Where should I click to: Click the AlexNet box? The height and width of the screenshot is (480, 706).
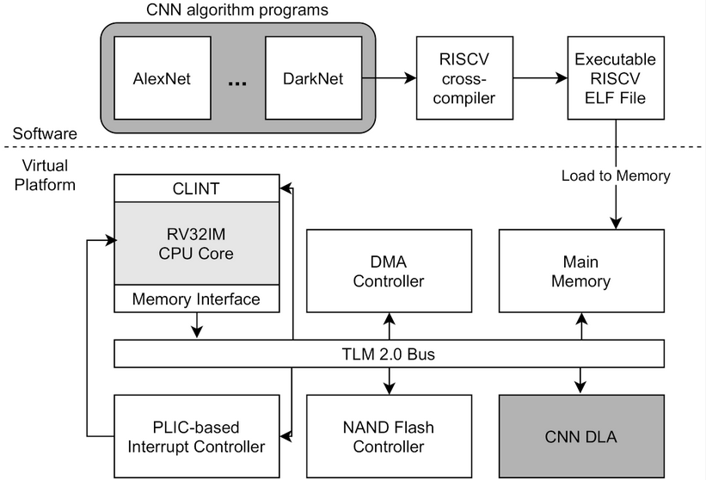click(163, 78)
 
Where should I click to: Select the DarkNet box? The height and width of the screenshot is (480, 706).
click(313, 78)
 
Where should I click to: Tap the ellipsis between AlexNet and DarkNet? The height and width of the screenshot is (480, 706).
click(237, 83)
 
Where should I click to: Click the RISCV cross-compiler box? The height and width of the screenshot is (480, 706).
click(464, 78)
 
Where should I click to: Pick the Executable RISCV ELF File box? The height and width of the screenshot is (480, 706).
click(616, 78)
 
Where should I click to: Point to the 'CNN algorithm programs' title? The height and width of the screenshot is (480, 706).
click(237, 10)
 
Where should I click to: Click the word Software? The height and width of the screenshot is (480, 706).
click(45, 133)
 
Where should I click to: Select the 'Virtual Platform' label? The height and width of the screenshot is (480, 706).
click(45, 175)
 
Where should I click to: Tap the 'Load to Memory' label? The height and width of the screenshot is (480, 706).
click(616, 175)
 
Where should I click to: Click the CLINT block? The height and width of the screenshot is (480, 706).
click(196, 188)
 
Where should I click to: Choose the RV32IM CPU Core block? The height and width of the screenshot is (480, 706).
click(196, 243)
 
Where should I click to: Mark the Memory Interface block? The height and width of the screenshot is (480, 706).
click(196, 298)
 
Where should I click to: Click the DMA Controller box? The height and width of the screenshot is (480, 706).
click(389, 271)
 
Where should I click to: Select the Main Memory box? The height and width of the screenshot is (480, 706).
click(581, 271)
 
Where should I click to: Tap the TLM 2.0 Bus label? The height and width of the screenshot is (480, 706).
click(389, 354)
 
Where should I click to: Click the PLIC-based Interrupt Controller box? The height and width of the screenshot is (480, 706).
click(196, 436)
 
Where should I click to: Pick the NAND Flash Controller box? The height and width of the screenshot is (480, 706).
click(389, 436)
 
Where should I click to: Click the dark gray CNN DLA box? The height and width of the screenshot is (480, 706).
click(581, 436)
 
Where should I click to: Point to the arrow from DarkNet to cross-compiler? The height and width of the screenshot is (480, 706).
click(389, 78)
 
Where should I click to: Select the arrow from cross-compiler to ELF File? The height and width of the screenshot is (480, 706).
click(540, 78)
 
